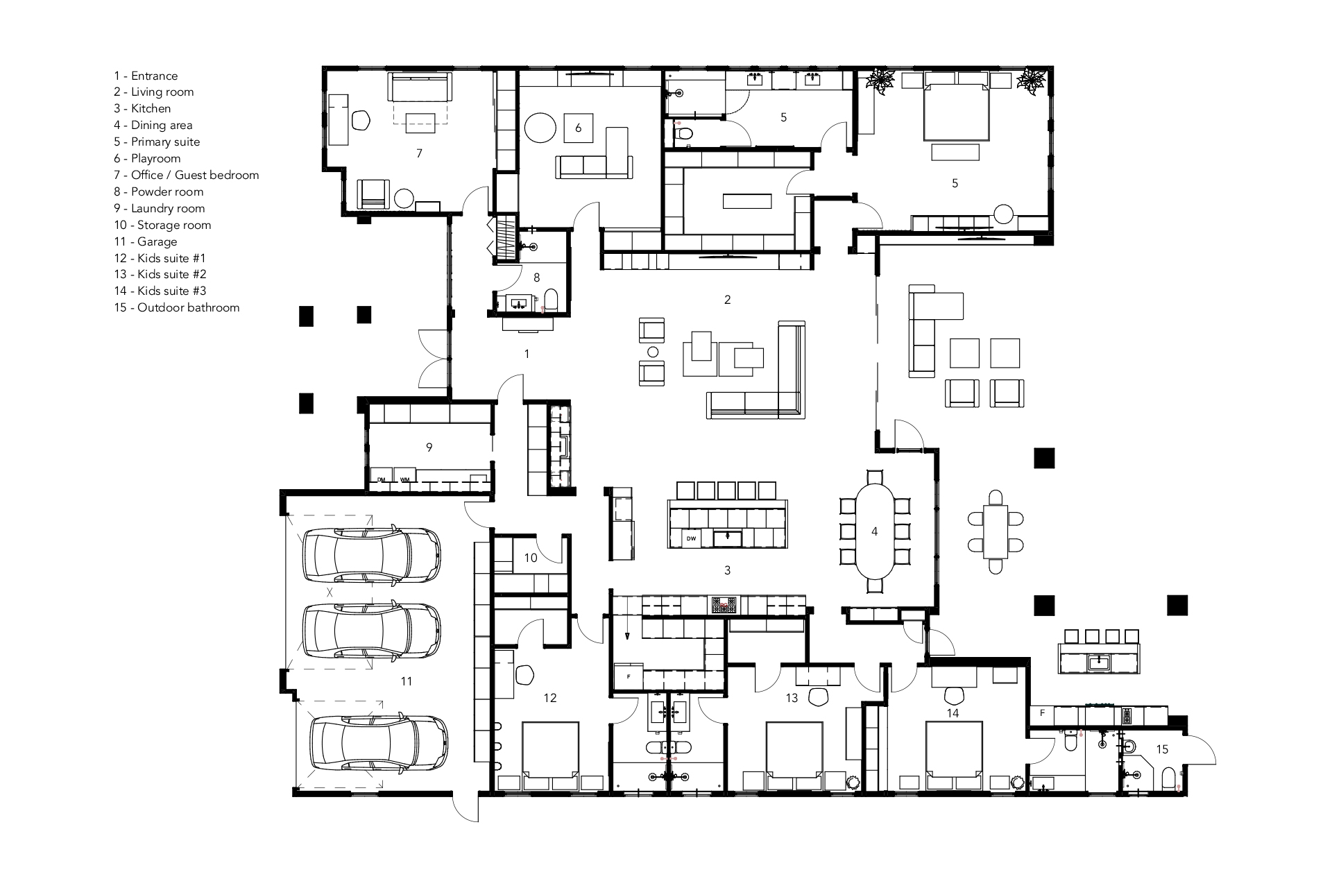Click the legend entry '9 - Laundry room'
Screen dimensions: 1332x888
tap(160, 208)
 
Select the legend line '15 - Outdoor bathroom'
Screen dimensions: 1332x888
tap(177, 307)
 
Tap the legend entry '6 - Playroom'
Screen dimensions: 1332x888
tap(147, 158)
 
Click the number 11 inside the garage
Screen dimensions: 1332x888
tap(407, 681)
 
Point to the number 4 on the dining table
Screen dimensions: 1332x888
tap(874, 531)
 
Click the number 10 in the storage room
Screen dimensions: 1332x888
tap(531, 558)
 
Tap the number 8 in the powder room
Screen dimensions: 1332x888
tap(536, 277)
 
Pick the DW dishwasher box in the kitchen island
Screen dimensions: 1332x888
tap(691, 538)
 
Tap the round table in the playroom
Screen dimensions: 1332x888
tap(540, 128)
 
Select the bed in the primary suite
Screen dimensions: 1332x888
tap(955, 111)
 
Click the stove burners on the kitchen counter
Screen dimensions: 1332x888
tap(724, 605)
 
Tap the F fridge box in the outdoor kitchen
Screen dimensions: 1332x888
tap(1041, 713)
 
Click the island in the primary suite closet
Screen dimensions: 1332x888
tap(746, 201)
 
